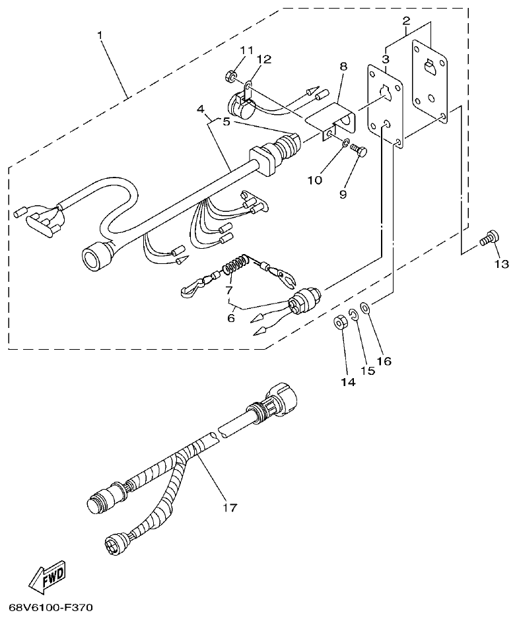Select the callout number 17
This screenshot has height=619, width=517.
point(229,507)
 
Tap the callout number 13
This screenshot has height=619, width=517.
point(501,264)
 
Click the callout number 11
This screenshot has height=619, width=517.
point(246,51)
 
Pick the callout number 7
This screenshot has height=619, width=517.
point(229,290)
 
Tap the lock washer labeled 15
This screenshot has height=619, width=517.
point(354,315)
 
